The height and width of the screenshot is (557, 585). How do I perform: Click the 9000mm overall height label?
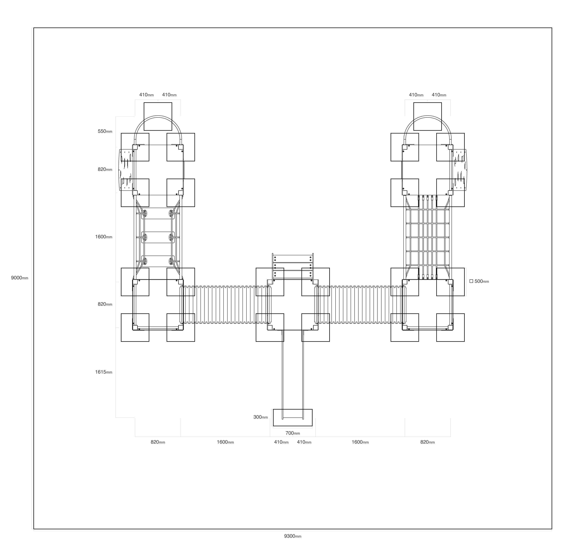(20, 278)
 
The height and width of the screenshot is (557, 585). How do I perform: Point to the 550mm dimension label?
(105, 131)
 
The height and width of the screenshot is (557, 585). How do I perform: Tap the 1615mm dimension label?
(104, 372)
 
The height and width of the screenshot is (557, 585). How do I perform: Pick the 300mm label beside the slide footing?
(261, 417)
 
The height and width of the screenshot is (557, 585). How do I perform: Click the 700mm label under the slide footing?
(293, 433)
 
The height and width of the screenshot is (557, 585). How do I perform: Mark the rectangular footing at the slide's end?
(293, 418)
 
